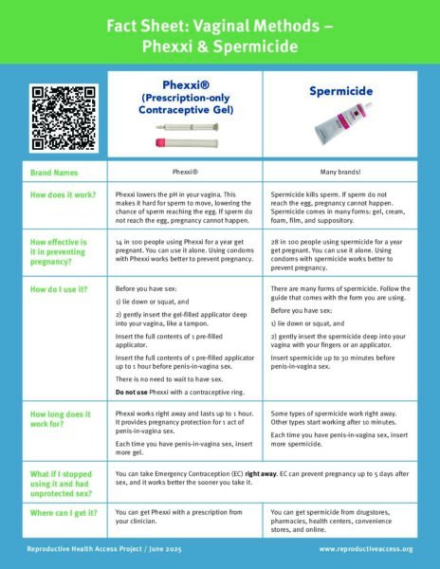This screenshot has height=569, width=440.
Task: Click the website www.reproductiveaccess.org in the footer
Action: coord(366,549)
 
